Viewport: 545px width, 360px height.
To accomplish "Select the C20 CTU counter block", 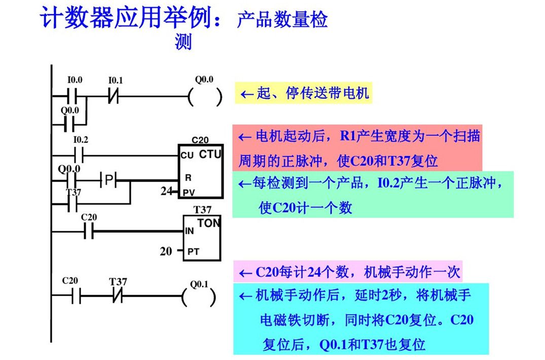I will coord(200,172).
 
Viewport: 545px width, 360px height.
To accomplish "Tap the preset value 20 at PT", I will coord(166,250).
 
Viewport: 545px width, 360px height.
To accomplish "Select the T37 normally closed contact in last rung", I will coord(118,296).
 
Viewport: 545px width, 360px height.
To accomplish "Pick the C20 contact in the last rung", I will coord(75,296).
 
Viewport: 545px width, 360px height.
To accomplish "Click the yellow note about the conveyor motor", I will coord(304,94).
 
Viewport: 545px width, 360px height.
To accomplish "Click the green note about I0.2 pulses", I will coord(373,195).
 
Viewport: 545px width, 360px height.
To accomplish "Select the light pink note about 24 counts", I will coord(349,272).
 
